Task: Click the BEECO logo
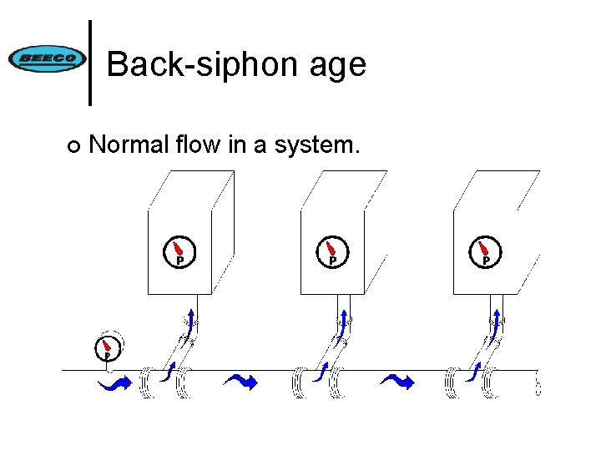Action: (x=47, y=59)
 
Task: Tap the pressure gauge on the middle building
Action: (x=332, y=251)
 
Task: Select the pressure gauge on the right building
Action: (x=485, y=251)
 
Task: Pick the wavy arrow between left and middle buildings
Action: (x=241, y=382)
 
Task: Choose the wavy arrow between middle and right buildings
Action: (x=396, y=382)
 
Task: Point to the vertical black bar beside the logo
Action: (x=90, y=63)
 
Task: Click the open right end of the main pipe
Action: (x=537, y=385)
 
